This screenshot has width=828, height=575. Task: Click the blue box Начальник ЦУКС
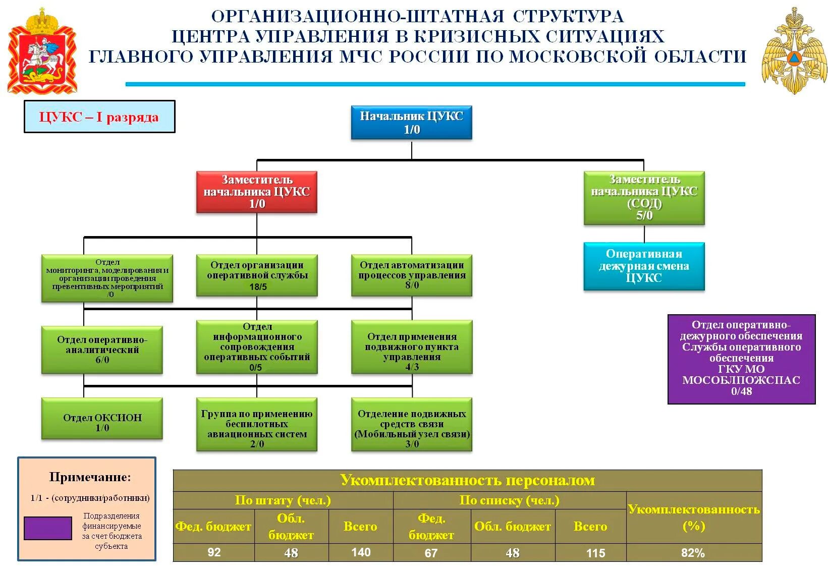point(411,123)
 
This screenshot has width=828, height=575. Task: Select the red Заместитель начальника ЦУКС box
point(256,192)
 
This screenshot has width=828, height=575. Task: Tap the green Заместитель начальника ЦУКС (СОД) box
point(644,198)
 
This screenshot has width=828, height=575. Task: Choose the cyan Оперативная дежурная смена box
point(644,266)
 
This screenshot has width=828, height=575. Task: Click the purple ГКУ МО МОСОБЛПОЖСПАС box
point(741,359)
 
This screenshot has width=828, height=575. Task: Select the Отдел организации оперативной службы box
point(257,275)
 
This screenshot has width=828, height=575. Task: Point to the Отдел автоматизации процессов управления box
point(412,275)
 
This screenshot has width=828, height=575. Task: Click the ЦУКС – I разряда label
point(99,117)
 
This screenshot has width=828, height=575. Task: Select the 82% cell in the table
point(693,553)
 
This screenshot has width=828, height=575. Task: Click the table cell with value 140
point(361,553)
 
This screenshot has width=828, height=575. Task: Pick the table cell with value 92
point(214,553)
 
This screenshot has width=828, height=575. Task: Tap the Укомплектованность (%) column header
point(693,517)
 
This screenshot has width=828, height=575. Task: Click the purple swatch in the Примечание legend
point(48,528)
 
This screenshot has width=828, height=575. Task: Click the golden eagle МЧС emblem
point(794,50)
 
